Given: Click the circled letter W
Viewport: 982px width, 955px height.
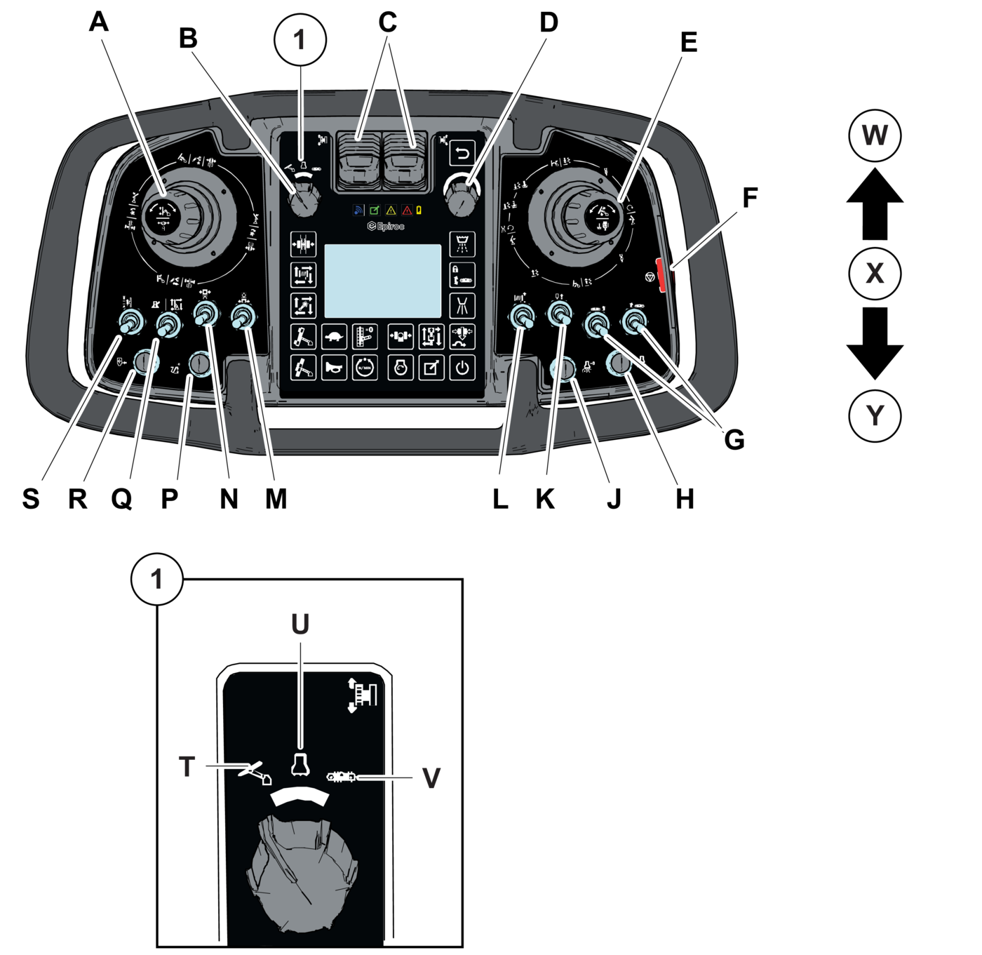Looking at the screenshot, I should point(875,135).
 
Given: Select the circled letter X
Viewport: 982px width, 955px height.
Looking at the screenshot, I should point(875,273).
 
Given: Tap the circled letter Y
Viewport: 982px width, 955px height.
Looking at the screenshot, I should point(875,416).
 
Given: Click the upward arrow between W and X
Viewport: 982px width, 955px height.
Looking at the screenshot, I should point(875,203).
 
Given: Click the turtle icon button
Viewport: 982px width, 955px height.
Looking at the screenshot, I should point(334,337).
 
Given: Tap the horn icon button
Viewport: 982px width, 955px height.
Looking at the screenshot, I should point(334,367).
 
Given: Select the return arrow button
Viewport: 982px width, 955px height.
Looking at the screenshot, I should point(462,152).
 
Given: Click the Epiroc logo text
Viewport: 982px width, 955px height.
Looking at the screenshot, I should point(386,226).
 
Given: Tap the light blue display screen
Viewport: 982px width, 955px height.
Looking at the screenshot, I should point(382,281).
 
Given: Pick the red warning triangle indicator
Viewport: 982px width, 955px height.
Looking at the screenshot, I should point(407,211).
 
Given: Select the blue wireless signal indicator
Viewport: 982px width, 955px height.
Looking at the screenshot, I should point(358,211).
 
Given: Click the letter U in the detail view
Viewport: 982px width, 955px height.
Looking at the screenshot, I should point(300,624).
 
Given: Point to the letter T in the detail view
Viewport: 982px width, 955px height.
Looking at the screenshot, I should point(187,767).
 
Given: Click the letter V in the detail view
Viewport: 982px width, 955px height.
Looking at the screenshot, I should point(431,777).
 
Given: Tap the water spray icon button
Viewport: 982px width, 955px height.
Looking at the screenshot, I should point(462,245).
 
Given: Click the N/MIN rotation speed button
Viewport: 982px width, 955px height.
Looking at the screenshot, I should point(363,367).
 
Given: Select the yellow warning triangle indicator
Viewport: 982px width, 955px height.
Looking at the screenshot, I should point(391,211).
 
